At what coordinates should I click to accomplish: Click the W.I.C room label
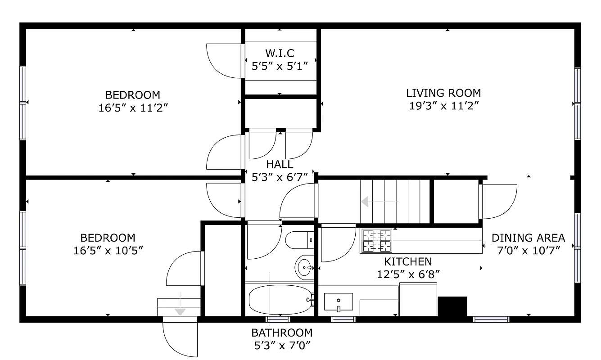(x=279, y=54)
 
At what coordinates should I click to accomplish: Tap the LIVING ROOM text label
(x=443, y=93)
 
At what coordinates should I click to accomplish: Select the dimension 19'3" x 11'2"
(x=443, y=106)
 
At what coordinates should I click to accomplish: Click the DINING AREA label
(x=528, y=238)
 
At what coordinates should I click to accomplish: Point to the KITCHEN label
(x=407, y=261)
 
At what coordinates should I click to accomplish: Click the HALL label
(x=279, y=164)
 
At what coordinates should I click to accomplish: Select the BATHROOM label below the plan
(x=282, y=333)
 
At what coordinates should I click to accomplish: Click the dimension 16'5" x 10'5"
(x=108, y=251)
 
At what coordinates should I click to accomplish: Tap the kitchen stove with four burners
(x=376, y=241)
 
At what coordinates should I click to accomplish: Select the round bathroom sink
(x=305, y=267)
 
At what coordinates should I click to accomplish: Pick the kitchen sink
(x=338, y=302)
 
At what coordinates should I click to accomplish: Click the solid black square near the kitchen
(x=452, y=306)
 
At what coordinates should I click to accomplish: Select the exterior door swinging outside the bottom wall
(x=180, y=337)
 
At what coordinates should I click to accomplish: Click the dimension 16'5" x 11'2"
(x=133, y=108)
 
